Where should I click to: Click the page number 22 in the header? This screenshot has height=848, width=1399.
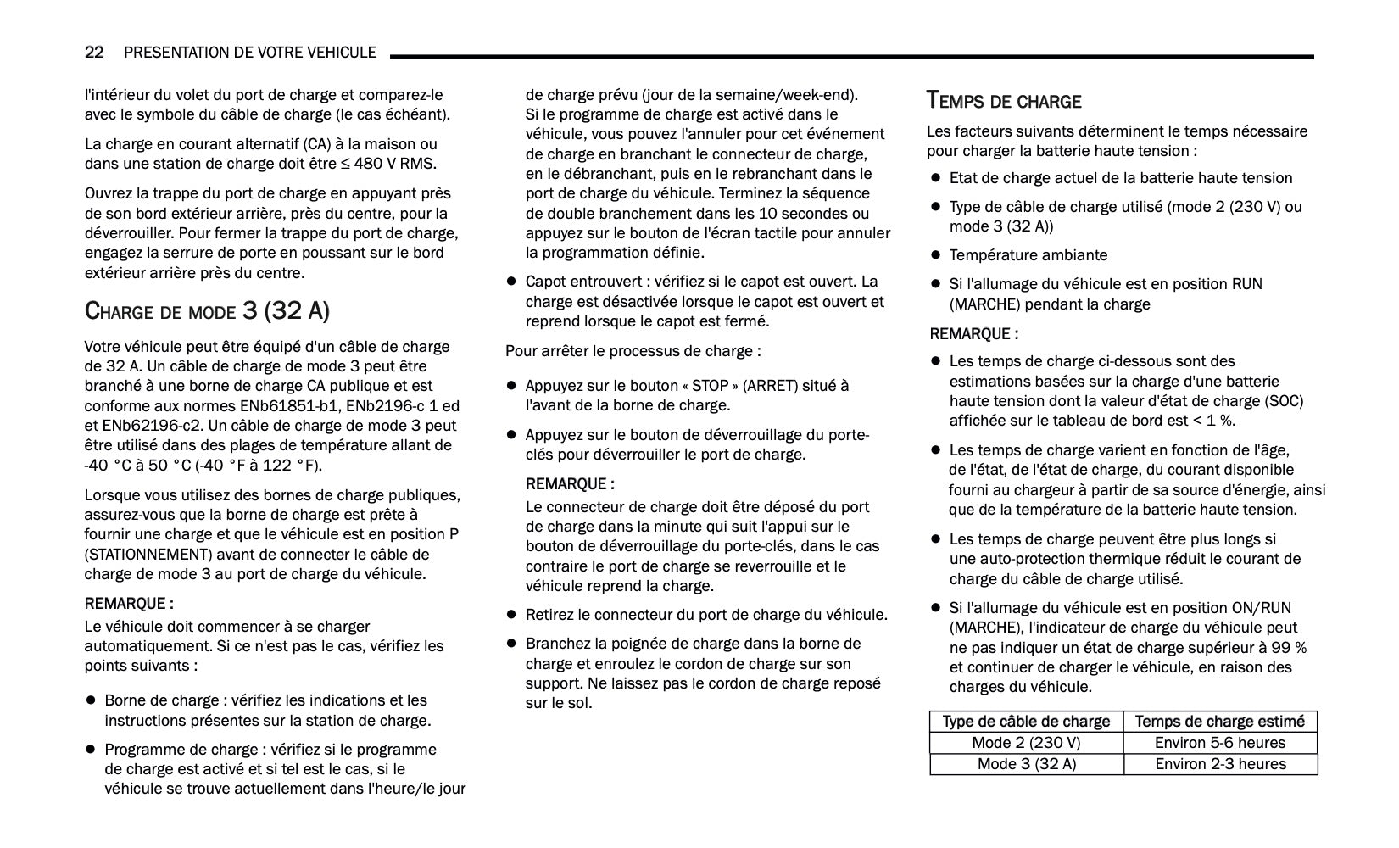94,53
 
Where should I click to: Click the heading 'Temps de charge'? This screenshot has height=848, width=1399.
1004,101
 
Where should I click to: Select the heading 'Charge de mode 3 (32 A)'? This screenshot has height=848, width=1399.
207,310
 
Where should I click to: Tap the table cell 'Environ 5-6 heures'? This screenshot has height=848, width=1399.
1220,743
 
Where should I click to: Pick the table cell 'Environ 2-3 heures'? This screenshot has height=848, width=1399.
1220,764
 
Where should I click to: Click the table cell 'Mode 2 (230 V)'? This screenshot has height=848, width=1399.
1026,743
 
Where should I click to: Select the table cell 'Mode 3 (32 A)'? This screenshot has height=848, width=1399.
1026,764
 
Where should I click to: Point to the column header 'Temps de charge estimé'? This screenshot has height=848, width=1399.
1220,722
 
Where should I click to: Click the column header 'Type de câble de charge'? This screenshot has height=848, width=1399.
1026,722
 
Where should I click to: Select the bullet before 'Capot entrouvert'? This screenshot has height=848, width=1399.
511,282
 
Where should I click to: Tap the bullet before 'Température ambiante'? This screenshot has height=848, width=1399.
936,255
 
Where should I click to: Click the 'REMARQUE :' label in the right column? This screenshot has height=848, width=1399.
974,334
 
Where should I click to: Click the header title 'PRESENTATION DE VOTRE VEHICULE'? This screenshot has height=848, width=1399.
250,53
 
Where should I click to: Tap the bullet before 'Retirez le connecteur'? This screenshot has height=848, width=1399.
511,615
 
